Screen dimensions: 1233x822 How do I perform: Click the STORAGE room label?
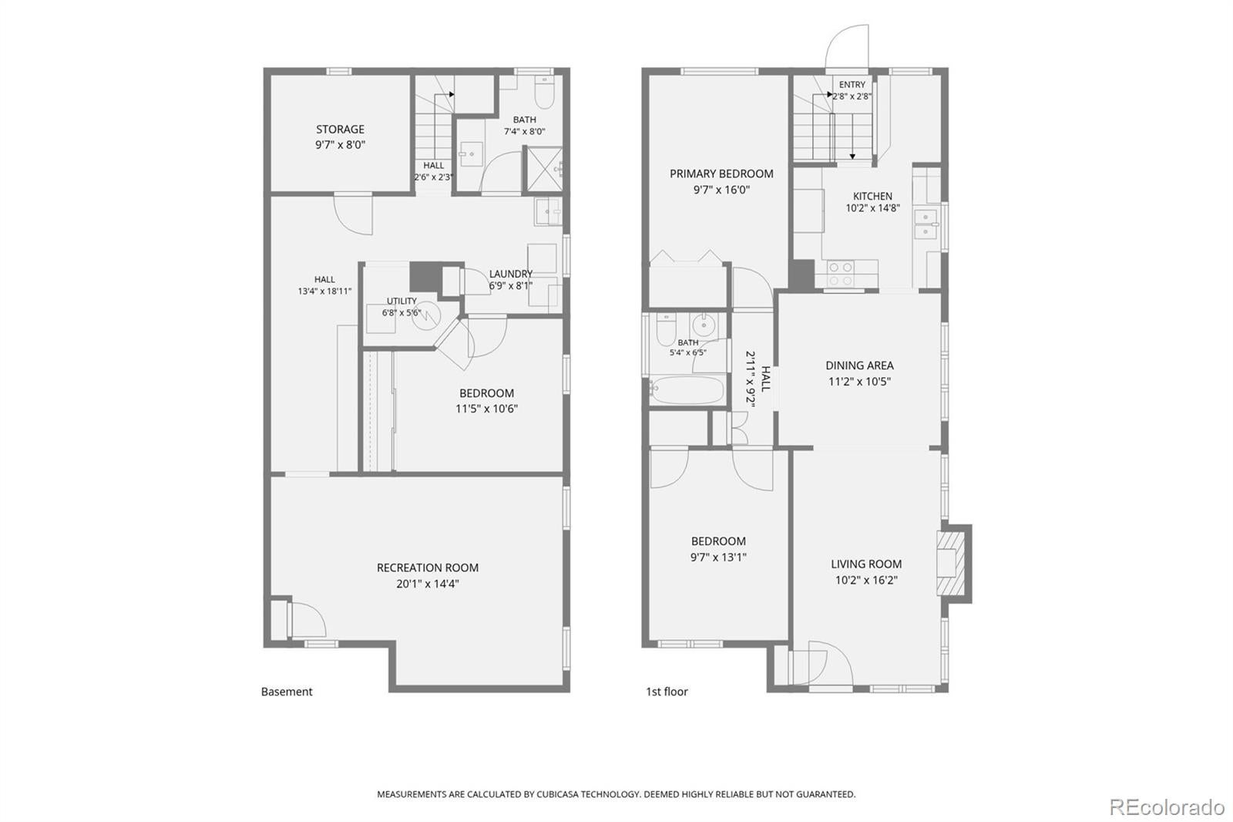point(340,130)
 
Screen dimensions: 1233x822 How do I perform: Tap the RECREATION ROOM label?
point(428,568)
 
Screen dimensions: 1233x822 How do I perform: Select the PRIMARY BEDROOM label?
point(721,174)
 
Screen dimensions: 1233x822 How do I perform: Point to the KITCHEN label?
point(872,196)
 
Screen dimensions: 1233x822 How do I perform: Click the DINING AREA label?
point(860,366)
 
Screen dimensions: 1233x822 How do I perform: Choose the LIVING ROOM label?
point(866,564)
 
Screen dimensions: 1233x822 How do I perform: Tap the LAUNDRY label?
point(511,274)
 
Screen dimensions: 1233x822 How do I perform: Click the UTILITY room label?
point(401,301)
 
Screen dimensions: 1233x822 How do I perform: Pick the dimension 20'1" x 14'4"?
point(428,584)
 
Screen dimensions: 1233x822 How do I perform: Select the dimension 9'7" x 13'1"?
point(718,558)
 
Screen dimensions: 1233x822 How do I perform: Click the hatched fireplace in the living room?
point(951,563)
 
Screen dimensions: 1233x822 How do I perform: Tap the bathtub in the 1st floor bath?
point(687,389)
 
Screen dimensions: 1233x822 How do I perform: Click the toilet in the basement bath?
point(545,93)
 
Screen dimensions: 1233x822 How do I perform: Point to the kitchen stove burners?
point(841,275)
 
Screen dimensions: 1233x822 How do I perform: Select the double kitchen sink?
point(926,224)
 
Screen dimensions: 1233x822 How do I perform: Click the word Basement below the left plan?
point(286,692)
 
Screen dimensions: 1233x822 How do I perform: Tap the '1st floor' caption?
point(667,692)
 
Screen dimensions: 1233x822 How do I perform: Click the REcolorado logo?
point(1167,807)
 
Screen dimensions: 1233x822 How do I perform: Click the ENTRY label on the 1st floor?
point(852,85)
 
